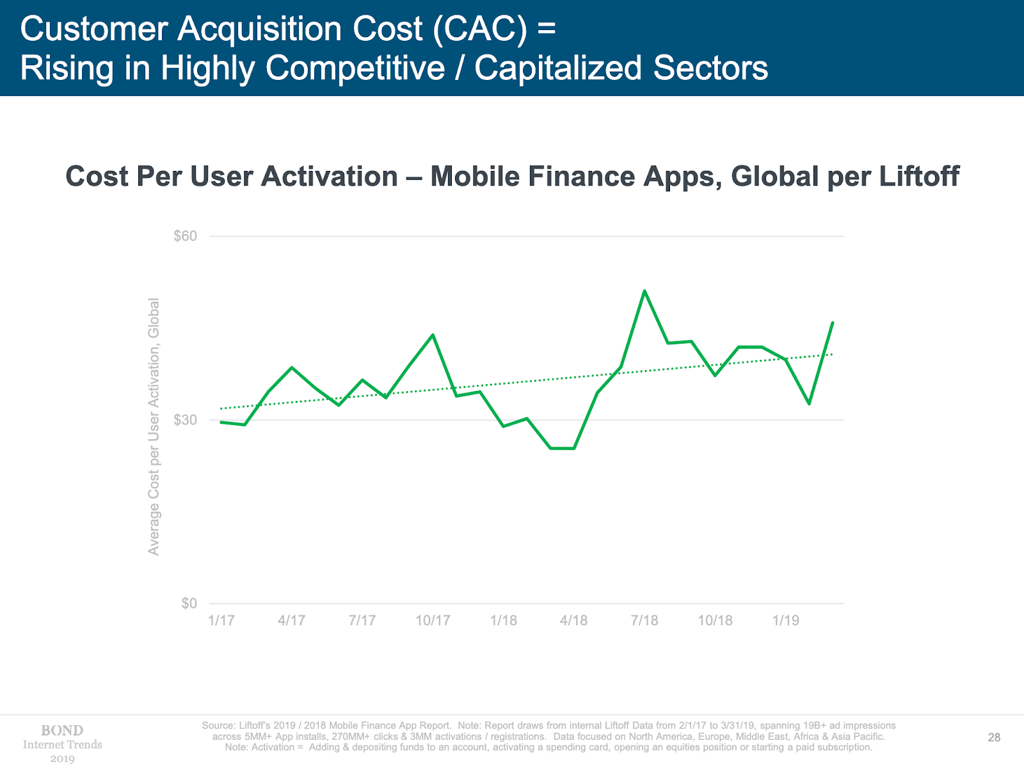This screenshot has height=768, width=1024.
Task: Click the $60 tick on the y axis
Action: (186, 236)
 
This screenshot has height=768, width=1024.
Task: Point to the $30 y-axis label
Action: (186, 420)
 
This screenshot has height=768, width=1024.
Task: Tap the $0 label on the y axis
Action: (189, 604)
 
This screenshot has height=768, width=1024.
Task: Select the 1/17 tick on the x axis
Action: (221, 620)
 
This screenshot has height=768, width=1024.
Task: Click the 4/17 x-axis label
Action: (292, 620)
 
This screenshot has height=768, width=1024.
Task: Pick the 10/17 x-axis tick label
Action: (433, 620)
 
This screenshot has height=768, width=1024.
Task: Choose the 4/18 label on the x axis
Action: (574, 620)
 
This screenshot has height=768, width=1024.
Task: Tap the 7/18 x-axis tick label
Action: (644, 620)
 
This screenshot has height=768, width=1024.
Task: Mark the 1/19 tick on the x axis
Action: (786, 620)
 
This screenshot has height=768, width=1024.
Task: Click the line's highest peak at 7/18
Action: (644, 291)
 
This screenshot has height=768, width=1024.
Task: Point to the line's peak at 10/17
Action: (433, 335)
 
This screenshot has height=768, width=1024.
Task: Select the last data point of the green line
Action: (833, 323)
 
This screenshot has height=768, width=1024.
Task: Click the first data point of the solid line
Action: (221, 422)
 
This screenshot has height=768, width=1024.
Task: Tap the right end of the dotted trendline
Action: (832, 354)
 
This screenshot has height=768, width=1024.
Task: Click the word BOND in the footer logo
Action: (62, 730)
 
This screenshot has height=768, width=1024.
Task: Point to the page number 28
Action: (994, 737)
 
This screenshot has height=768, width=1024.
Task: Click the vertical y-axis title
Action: (154, 426)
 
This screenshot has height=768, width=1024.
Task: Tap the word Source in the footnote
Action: (218, 726)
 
